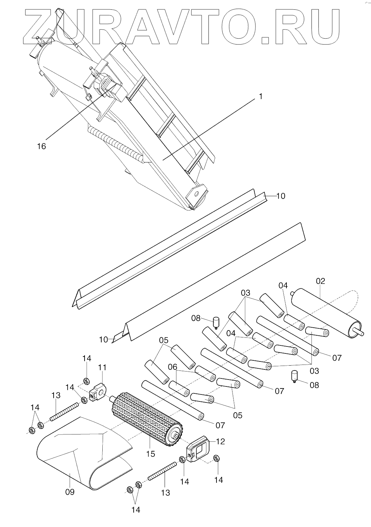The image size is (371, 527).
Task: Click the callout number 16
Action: (x=41, y=146)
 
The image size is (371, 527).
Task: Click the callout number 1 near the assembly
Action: (x=260, y=96)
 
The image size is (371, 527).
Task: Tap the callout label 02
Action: (x=320, y=281)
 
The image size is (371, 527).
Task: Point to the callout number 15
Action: (x=150, y=454)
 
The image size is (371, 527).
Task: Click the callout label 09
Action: (x=70, y=492)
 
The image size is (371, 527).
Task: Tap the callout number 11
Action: (x=102, y=367)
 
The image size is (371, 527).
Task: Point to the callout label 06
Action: (x=173, y=367)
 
